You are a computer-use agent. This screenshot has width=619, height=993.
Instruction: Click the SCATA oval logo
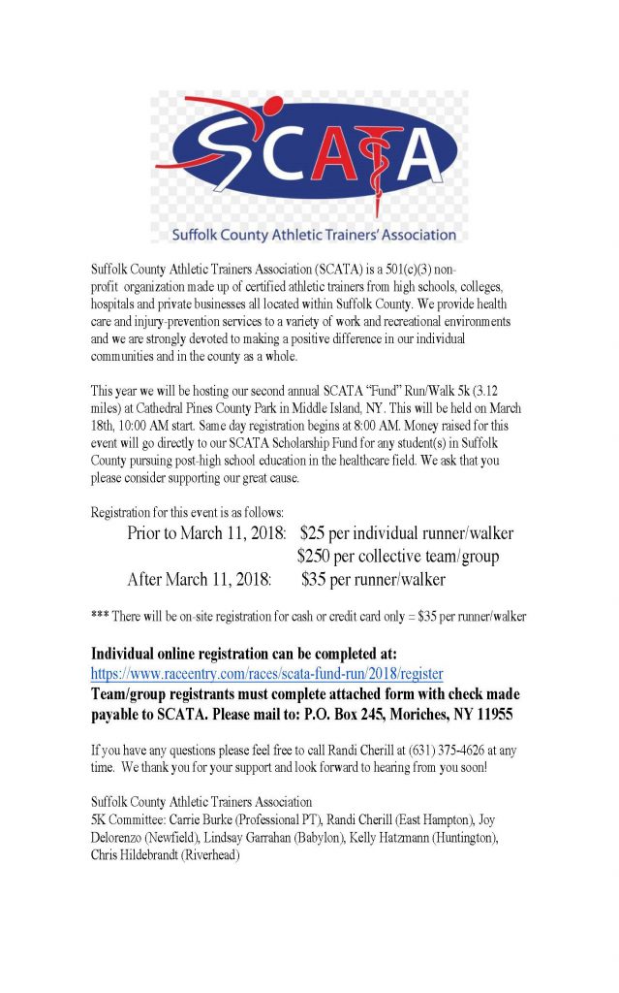[x=308, y=159]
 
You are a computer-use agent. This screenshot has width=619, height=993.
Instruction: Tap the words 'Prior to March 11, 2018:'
[x=207, y=532]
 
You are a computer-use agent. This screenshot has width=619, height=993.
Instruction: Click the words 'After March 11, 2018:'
[x=200, y=580]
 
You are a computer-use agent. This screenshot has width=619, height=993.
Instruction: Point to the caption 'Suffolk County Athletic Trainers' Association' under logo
[x=314, y=234]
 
